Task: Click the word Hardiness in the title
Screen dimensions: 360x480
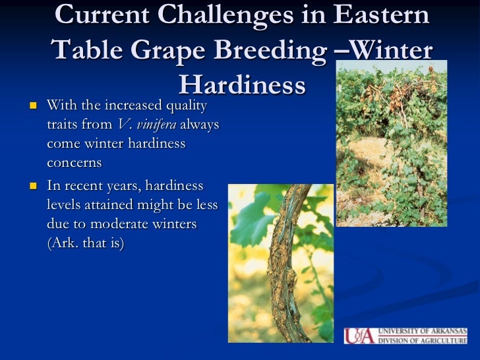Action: (x=242, y=84)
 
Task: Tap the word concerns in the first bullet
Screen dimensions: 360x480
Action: (x=75, y=162)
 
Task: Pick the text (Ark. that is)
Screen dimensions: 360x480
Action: (x=86, y=243)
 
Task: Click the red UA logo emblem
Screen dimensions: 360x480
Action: (x=359, y=336)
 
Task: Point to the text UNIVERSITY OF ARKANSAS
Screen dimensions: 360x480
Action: (x=422, y=331)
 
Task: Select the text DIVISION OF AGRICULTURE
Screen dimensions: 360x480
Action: (x=422, y=340)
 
